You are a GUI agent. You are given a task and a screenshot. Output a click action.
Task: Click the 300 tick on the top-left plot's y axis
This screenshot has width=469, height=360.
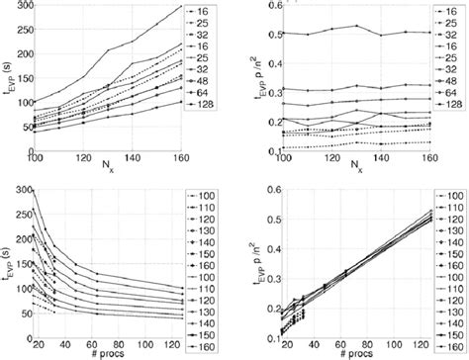pos(18,7)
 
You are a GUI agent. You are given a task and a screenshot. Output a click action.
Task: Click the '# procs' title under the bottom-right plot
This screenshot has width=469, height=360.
pos(360,352)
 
